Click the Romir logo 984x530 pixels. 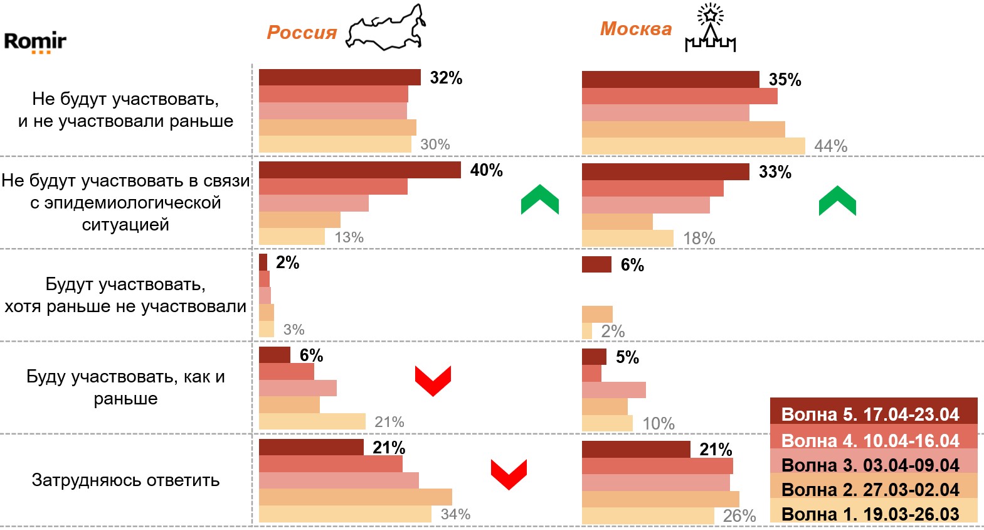pos(34,42)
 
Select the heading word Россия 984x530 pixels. pos(302,33)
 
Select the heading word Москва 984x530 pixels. pos(635,29)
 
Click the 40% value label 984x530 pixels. pos(486,170)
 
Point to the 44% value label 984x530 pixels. pos(830,146)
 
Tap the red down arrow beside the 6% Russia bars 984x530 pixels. pos(433,381)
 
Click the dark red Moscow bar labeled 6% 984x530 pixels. pos(596,264)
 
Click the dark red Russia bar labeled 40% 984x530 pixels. pos(359,170)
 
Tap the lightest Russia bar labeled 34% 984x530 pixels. pos(345,514)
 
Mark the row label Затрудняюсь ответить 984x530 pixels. pos(125,480)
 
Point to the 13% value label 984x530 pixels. pos(349,237)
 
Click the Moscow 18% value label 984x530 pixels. pos(699,239)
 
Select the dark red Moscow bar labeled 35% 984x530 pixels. pos(670,80)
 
